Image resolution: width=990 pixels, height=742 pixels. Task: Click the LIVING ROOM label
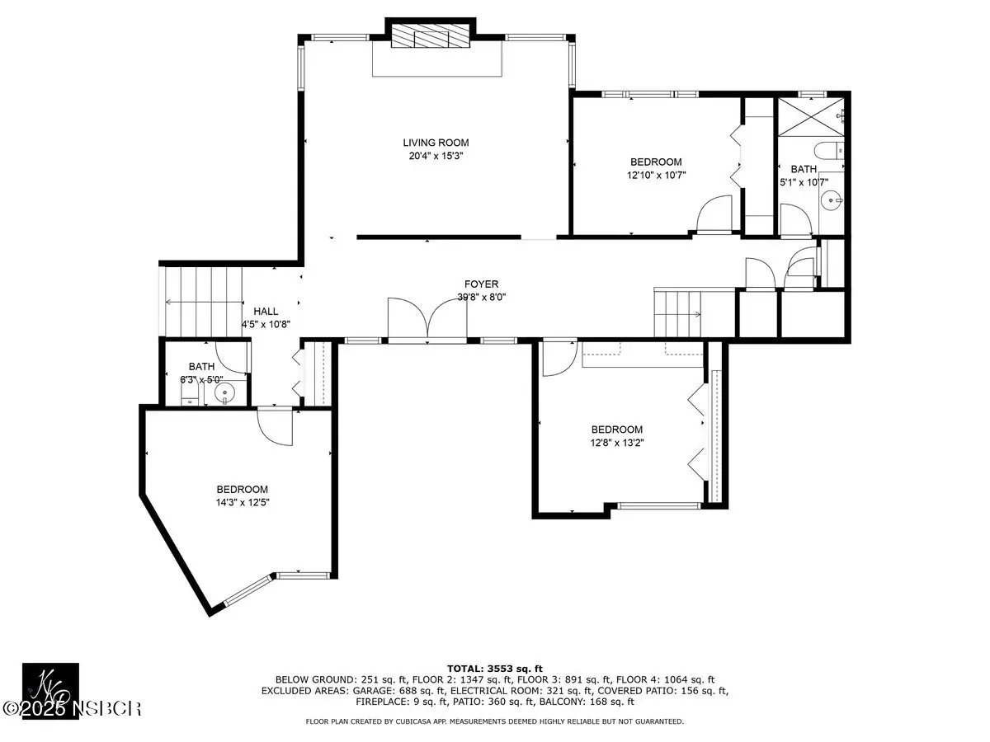436,143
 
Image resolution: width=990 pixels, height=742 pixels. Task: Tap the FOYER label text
481,284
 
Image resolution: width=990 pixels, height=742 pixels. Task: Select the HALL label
266,312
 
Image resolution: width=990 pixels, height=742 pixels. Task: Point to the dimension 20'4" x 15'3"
436,156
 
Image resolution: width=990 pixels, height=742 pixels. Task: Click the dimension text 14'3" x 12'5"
243,502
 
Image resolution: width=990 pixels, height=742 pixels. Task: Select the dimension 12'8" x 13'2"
617,443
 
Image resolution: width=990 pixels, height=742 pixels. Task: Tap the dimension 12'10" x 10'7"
656,175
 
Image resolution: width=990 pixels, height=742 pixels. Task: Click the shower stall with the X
810,116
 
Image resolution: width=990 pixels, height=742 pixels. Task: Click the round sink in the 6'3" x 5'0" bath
224,393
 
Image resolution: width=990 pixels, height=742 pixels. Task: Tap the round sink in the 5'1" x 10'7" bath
831,200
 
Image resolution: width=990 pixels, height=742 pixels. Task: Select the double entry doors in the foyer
427,321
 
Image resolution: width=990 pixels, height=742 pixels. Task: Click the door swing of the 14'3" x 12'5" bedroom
275,426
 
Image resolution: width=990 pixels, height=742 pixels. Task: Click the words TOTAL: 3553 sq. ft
495,669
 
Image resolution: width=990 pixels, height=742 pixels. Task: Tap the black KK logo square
50,691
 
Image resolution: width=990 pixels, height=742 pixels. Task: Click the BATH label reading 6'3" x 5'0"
201,367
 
